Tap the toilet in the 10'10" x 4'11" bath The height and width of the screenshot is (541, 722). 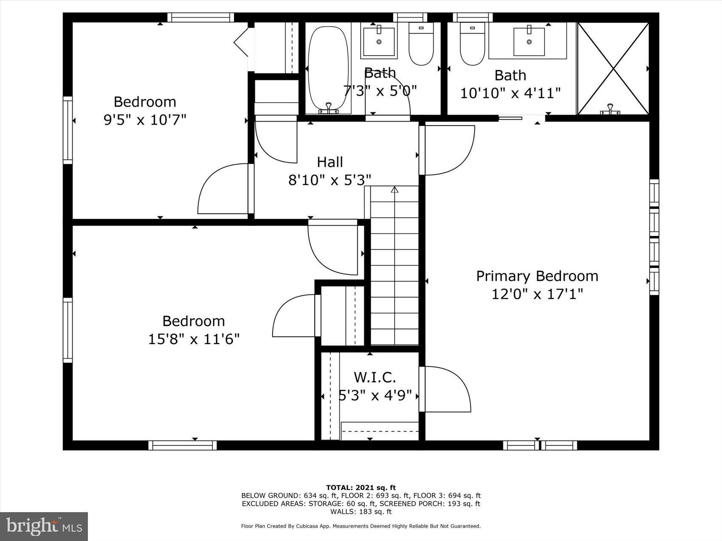pyautogui.click(x=472, y=45)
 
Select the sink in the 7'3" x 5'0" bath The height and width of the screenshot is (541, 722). pyautogui.click(x=379, y=42)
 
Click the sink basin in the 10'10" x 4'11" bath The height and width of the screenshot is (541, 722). pyautogui.click(x=529, y=42)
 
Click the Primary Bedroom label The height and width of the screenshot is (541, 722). pyautogui.click(x=537, y=276)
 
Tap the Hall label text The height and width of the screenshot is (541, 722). pyautogui.click(x=330, y=162)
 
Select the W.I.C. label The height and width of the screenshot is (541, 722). pyautogui.click(x=375, y=377)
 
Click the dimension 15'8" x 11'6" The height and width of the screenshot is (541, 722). pyautogui.click(x=194, y=339)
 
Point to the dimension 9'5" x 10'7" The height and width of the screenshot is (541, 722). pyautogui.click(x=145, y=120)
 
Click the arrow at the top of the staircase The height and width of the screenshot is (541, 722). pyautogui.click(x=395, y=190)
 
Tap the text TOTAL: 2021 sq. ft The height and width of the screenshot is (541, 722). pyautogui.click(x=361, y=488)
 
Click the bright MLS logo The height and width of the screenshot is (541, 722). pyautogui.click(x=44, y=526)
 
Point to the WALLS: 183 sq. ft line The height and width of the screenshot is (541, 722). pyautogui.click(x=361, y=512)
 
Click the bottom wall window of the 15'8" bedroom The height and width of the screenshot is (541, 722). pyautogui.click(x=183, y=445)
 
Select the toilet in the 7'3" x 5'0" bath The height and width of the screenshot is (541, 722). pyautogui.click(x=421, y=44)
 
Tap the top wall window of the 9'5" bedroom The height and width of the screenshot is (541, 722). pyautogui.click(x=200, y=17)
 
